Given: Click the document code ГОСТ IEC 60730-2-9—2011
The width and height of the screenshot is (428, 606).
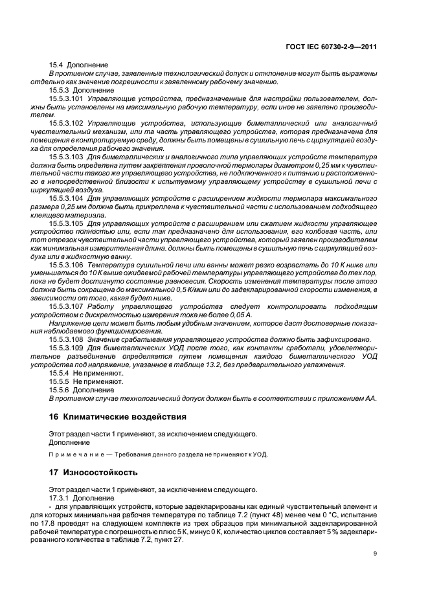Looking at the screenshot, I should tap(336, 47).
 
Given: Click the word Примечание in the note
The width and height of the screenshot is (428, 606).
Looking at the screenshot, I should tap(72, 454).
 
